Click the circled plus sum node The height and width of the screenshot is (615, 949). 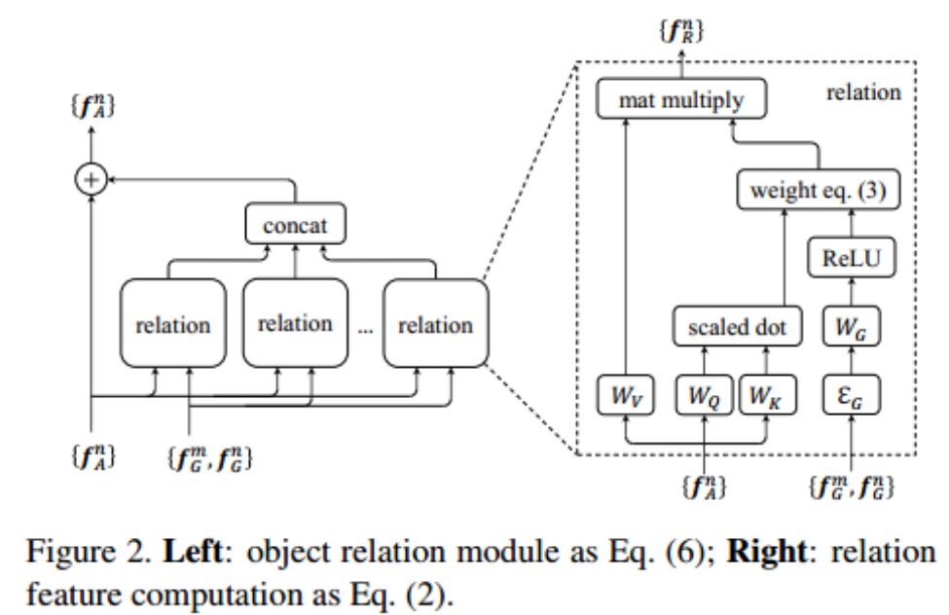[x=91, y=180]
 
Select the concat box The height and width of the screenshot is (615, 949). [x=296, y=227]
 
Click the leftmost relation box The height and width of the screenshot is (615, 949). [x=172, y=323]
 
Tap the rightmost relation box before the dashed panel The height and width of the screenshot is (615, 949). [x=435, y=323]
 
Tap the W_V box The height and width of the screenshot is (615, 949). [x=624, y=397]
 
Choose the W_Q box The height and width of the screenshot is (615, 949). [x=705, y=397]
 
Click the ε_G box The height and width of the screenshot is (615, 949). [x=852, y=397]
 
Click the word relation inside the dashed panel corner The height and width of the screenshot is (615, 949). [x=863, y=93]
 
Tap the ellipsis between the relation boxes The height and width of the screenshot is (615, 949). [x=365, y=329]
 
